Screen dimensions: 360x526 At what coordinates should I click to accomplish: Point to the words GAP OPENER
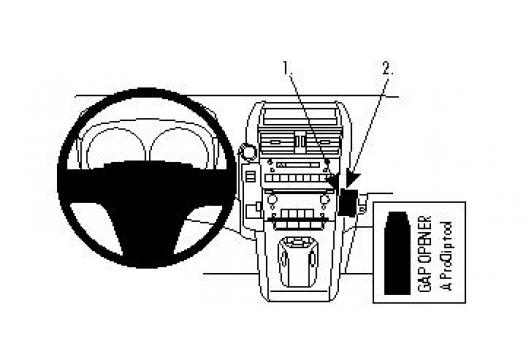pyautogui.click(x=423, y=250)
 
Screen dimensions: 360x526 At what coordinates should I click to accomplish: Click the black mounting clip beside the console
pyautogui.click(x=350, y=201)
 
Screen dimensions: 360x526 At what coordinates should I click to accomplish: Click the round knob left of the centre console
pyautogui.click(x=244, y=153)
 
